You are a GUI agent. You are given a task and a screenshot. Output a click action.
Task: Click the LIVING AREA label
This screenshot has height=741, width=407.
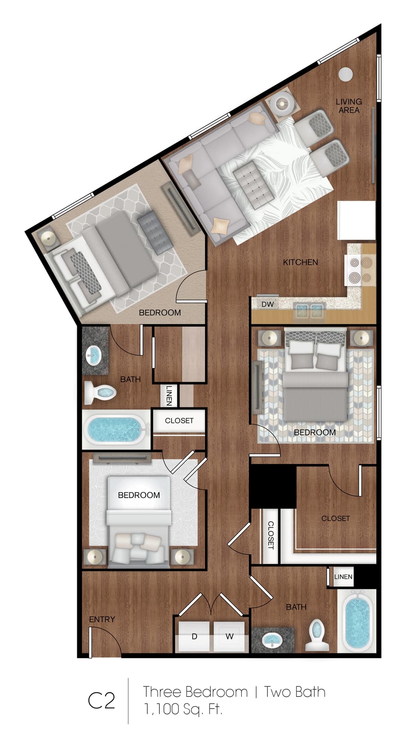coord(349,106)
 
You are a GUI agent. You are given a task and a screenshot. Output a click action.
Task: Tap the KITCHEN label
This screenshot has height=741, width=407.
coord(300,262)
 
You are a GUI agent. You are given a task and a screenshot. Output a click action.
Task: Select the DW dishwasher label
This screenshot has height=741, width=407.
coord(268,304)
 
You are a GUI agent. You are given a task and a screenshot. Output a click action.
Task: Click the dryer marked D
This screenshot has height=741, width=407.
coord(194,636)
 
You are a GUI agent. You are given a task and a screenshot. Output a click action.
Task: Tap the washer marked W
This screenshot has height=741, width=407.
coord(229,636)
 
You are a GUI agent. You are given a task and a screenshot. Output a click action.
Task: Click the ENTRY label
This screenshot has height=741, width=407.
coord(102,619)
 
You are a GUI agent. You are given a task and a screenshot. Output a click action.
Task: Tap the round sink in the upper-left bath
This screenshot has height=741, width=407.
coord(93,355)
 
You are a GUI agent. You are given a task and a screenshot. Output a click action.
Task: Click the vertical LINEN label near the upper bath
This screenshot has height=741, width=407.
coord(169,395)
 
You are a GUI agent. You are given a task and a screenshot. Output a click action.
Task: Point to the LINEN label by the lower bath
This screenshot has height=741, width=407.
coord(343,577)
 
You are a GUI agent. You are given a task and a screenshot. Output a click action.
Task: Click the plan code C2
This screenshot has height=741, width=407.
coord(101,701)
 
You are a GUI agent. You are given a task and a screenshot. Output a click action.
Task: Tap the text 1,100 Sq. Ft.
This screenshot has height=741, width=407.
coord(183,709)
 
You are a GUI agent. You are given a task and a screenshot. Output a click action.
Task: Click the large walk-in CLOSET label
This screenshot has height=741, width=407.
coord(335,518)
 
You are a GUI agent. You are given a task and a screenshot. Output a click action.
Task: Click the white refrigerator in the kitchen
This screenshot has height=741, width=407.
coord(356,220)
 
